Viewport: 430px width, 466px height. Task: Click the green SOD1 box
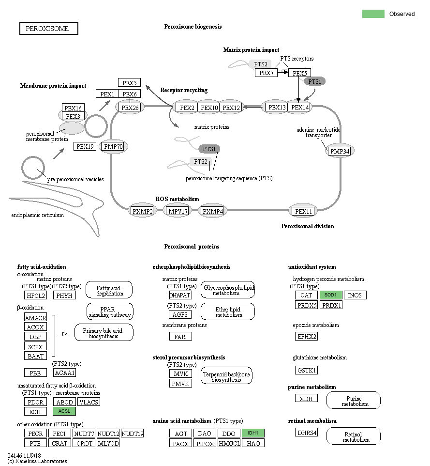(331, 295)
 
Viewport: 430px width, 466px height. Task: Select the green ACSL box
(64, 411)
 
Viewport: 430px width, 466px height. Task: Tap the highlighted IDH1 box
(253, 433)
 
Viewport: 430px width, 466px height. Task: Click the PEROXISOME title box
(48, 29)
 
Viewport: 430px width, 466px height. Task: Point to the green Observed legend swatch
(373, 14)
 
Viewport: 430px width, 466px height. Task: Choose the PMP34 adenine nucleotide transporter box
(340, 152)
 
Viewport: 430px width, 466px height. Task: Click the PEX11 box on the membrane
(304, 211)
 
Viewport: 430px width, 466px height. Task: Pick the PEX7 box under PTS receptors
(266, 73)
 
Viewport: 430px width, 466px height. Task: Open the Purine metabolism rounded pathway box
(353, 401)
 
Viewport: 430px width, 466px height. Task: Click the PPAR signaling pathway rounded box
(110, 311)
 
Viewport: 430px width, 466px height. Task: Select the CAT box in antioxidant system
(306, 295)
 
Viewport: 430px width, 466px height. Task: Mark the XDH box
(306, 398)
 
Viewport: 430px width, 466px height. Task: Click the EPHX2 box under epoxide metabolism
(306, 336)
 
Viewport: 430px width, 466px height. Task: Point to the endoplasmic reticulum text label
(37, 215)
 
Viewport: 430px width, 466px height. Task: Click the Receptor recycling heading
(184, 90)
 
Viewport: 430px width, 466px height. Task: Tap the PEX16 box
(74, 108)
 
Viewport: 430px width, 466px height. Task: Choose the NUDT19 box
(132, 434)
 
